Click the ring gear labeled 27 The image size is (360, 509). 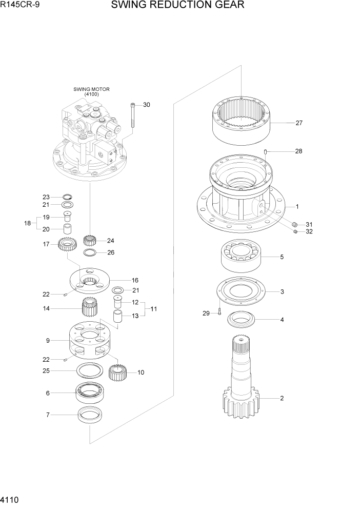click(241, 121)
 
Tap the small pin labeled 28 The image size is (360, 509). click(266, 151)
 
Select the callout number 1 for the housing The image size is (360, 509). click(296, 206)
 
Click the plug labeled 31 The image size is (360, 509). click(295, 225)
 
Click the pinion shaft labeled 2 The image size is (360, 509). click(243, 380)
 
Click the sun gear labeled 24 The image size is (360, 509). click(90, 240)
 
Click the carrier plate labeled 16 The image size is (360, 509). click(90, 280)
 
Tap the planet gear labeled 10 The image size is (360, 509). click(117, 372)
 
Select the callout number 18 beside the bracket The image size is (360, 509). click(28, 223)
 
